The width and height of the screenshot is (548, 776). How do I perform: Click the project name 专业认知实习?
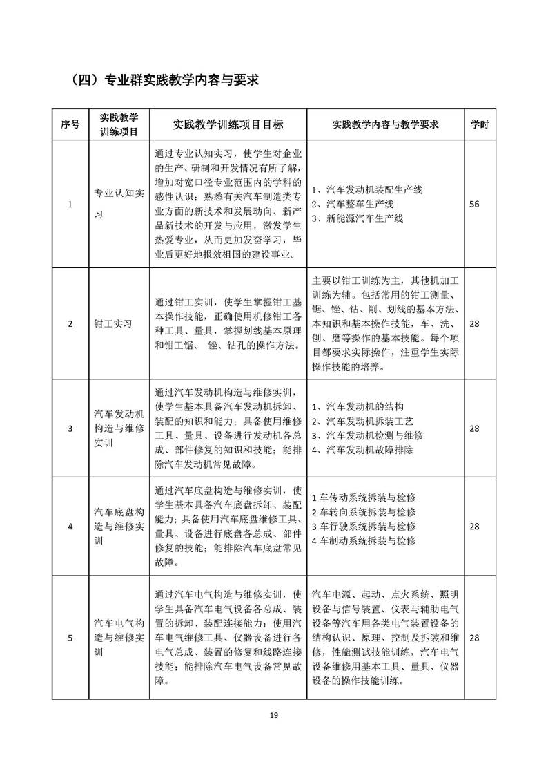point(119,204)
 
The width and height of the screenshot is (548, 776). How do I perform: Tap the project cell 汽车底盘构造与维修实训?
point(119,526)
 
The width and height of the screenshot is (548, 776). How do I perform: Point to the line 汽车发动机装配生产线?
point(366,189)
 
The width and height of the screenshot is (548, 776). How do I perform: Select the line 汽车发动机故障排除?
point(366,450)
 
